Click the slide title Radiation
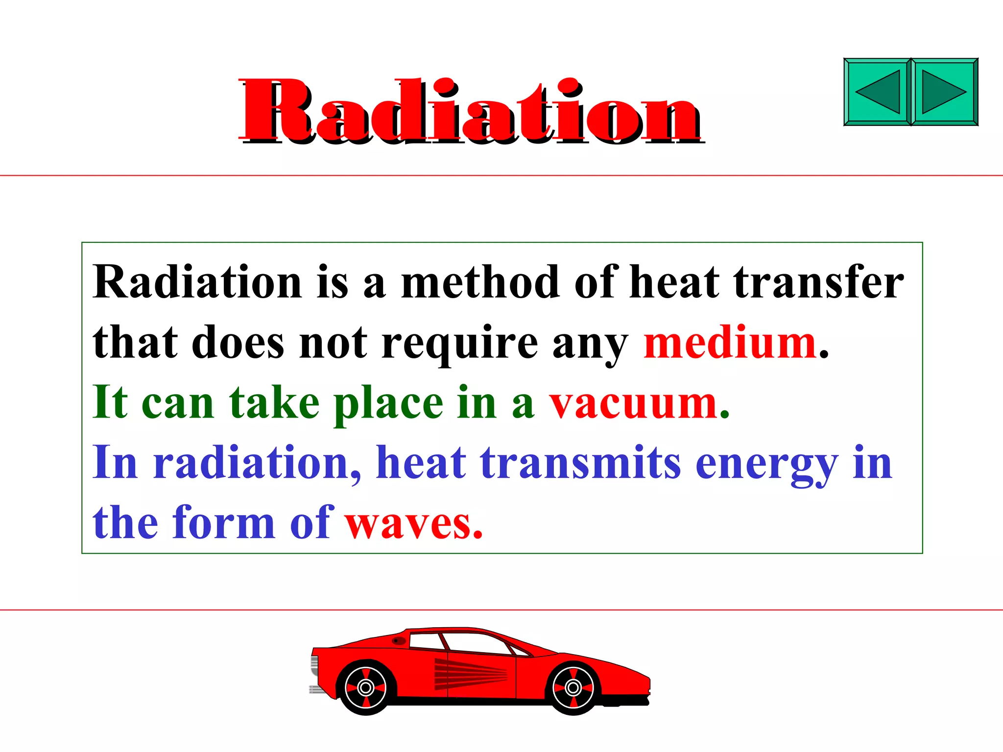point(470,112)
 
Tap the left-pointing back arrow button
point(878,92)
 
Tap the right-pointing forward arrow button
point(944,92)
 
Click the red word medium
point(730,344)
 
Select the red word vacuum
point(634,404)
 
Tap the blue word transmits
point(580,463)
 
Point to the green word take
point(274,403)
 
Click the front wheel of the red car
point(573,688)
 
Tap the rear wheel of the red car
point(365,688)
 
